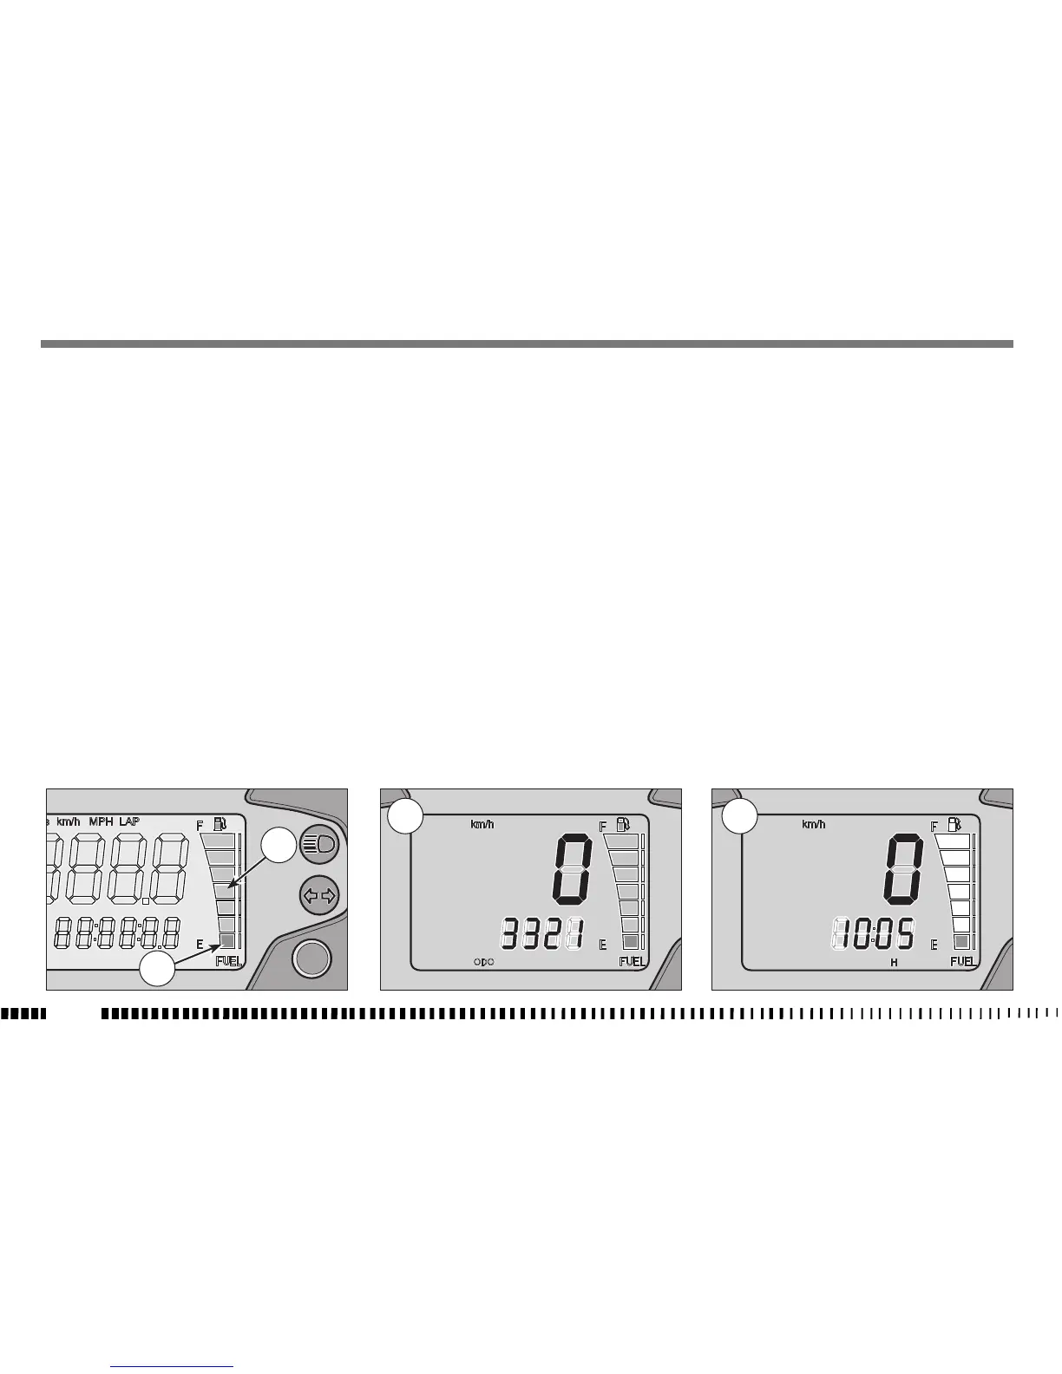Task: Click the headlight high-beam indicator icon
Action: click(x=318, y=843)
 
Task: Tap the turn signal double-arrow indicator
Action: click(x=318, y=894)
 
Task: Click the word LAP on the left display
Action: click(x=129, y=821)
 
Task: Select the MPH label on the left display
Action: click(x=101, y=821)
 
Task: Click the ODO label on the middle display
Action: click(x=484, y=962)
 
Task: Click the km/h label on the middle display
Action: click(x=482, y=824)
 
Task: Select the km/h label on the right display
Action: click(x=813, y=824)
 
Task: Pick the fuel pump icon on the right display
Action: click(x=954, y=824)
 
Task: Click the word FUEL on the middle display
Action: click(x=632, y=961)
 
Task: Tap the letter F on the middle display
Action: click(x=603, y=827)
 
